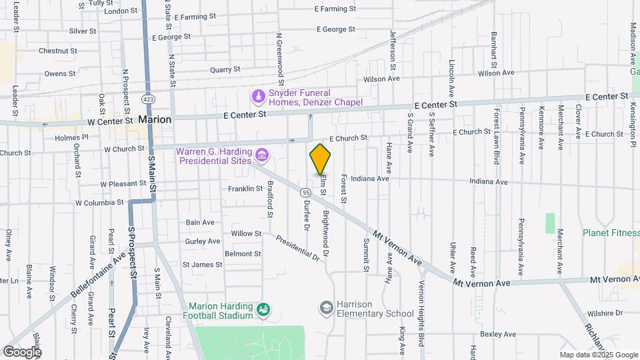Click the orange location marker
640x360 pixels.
pos(320,159)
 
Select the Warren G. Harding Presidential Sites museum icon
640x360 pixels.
pos(262,156)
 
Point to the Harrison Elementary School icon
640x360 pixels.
pos(326,307)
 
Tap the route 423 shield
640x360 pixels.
pos(145,99)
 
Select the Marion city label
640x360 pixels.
pos(155,119)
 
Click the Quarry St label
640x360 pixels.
pos(225,69)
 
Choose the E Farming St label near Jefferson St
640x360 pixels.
pos(336,9)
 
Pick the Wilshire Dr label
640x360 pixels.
pos(605,312)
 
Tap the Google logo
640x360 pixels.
pos(22,351)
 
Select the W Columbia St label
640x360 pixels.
pos(99,202)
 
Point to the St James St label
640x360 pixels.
pos(202,265)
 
